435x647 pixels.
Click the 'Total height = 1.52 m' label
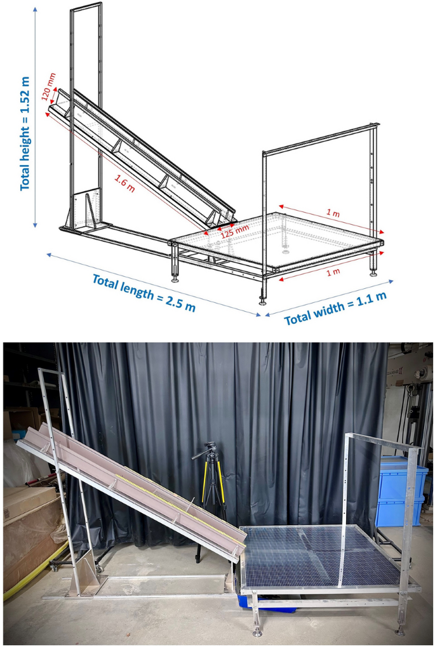click(25, 133)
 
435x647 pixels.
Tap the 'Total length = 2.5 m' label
click(144, 293)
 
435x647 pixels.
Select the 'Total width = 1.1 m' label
click(335, 308)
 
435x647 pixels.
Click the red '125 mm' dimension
click(235, 232)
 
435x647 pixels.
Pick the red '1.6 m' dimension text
click(124, 183)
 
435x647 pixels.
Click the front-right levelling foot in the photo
click(400, 630)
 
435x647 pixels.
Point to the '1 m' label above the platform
click(333, 214)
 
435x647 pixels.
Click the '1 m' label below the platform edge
click(333, 272)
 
